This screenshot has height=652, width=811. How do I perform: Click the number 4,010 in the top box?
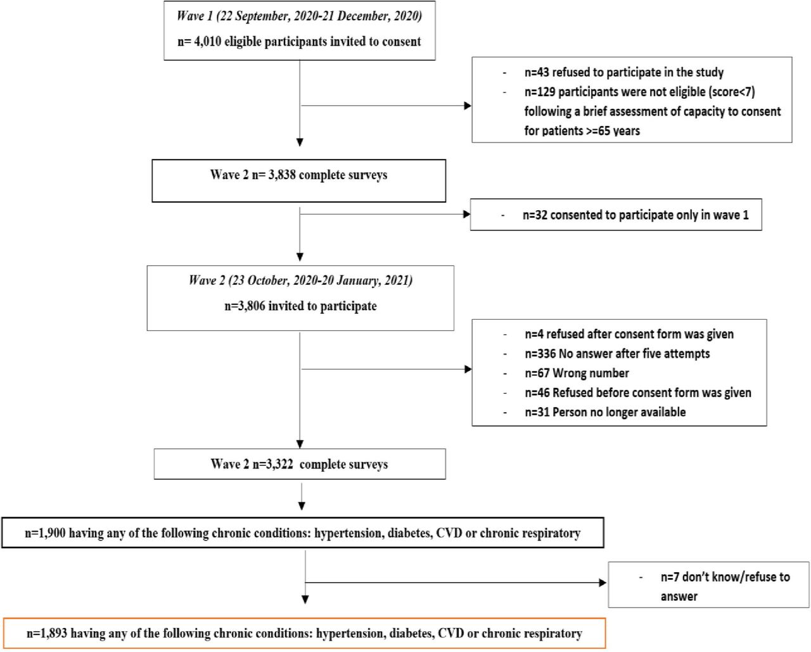coord(207,41)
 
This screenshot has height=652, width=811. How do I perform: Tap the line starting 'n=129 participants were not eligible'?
coord(639,92)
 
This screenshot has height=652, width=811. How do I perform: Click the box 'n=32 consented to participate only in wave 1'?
coord(616,215)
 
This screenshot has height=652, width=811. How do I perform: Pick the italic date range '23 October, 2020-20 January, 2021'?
coord(321,280)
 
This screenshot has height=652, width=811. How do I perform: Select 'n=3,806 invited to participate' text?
coord(300,306)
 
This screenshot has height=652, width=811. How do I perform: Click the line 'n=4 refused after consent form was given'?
coord(629,334)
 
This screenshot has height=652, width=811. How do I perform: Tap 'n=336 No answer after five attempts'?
coord(617,354)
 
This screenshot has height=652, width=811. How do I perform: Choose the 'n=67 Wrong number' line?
coord(577,373)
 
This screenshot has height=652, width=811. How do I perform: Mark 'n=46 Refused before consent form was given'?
coord(637,393)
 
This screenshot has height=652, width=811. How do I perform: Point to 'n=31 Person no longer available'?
coord(605,412)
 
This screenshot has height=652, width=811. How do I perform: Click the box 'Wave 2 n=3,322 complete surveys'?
coord(300,463)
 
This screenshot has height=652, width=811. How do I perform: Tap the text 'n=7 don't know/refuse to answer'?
coord(725,586)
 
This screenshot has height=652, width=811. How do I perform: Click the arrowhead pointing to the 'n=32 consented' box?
coord(466,215)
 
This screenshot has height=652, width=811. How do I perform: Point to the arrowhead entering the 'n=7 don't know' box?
coord(602,583)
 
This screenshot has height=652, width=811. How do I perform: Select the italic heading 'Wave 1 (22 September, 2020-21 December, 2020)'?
coord(299,16)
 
